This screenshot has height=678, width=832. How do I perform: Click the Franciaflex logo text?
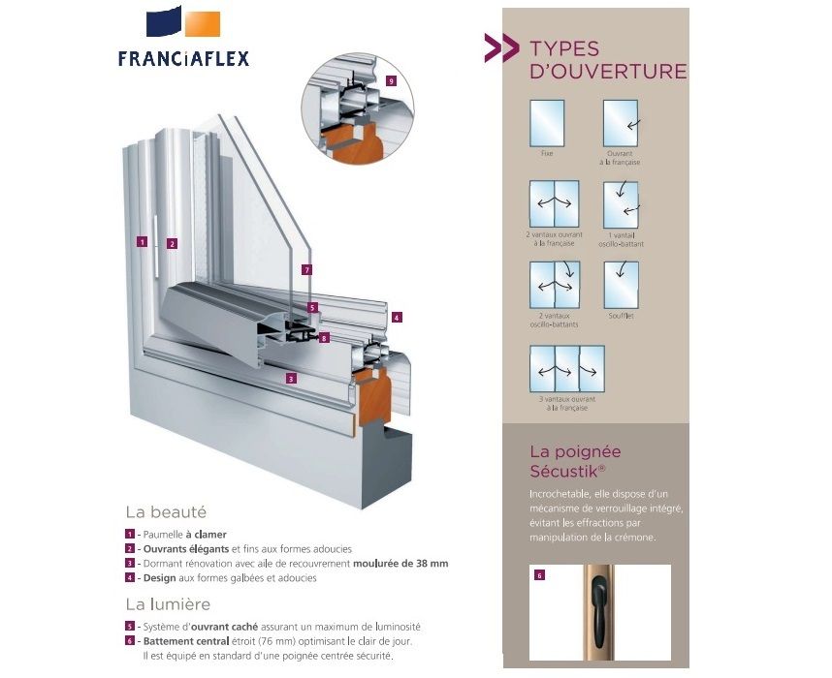pos(183,58)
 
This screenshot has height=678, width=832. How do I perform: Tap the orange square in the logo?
pos(203,24)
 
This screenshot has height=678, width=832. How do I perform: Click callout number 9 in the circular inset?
pos(391,81)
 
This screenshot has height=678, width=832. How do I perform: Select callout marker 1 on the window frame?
pos(142,242)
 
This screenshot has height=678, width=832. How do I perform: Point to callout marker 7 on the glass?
pos(306,270)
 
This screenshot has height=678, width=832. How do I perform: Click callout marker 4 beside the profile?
pos(397,318)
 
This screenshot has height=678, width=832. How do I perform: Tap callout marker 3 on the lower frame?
pos(290,379)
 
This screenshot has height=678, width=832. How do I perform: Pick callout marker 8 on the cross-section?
pos(324,338)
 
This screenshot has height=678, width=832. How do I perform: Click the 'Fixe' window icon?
pos(547,123)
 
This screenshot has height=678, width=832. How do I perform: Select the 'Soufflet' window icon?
pos(622,285)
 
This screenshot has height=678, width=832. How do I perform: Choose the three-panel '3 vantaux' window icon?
pos(567,369)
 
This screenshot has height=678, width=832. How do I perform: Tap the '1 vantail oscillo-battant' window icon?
pos(621,205)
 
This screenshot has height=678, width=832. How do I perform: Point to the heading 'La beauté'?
pos(166,512)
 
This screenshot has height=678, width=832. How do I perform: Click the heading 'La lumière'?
pos(168,604)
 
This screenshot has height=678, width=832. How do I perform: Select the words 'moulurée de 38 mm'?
pos(400,564)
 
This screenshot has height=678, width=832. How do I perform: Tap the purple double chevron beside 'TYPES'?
pos(502,47)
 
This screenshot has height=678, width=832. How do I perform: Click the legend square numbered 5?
pos(130,627)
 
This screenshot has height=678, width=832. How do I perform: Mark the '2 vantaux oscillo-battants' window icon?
pos(555,285)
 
